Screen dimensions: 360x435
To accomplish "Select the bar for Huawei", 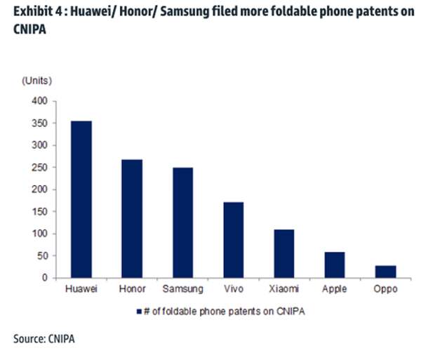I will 81,199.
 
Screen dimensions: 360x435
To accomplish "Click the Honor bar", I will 132,219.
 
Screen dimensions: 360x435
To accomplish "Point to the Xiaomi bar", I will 283,253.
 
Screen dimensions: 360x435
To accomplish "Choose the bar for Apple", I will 334,265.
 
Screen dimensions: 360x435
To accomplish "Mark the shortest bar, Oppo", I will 385,272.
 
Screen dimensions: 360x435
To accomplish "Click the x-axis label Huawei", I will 81,289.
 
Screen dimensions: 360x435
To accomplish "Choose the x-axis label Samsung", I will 182,289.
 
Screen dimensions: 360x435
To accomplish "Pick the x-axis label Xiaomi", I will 283,289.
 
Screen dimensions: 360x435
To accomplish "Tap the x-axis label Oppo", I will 385,289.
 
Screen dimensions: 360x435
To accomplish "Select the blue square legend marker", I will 142,309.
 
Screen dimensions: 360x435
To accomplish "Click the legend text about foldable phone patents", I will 217,309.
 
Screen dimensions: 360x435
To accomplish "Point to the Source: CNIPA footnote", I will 43,340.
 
